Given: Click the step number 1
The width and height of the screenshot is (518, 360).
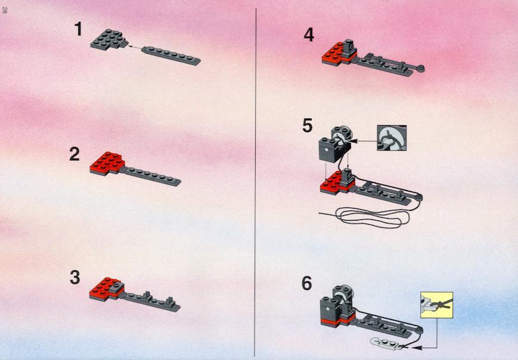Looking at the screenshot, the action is tap(78, 29).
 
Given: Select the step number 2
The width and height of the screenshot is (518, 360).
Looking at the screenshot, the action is tap(75, 154).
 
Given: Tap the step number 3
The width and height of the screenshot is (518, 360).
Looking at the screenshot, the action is tap(75, 277).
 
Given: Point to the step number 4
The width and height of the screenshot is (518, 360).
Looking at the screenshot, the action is tap(309, 35).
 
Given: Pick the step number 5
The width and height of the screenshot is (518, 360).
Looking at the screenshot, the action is tap(307, 126).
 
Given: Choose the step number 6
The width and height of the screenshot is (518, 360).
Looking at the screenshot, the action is tap(307, 283).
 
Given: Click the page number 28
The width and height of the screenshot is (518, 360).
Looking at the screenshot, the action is tap(4, 10).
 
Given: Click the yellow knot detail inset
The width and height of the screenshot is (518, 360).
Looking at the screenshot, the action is tap(436, 305).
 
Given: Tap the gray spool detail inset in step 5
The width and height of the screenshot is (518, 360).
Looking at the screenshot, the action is tap(392, 138).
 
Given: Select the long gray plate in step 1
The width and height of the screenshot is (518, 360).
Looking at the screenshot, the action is tap(171, 56).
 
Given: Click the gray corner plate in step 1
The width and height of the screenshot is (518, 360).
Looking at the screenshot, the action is tap(109, 39).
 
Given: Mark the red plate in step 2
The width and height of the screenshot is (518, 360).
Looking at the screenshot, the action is tap(107, 163).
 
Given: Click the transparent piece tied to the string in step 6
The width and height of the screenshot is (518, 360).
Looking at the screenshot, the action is tap(385, 343).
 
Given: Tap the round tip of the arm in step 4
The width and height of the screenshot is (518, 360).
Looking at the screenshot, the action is tap(421, 69).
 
